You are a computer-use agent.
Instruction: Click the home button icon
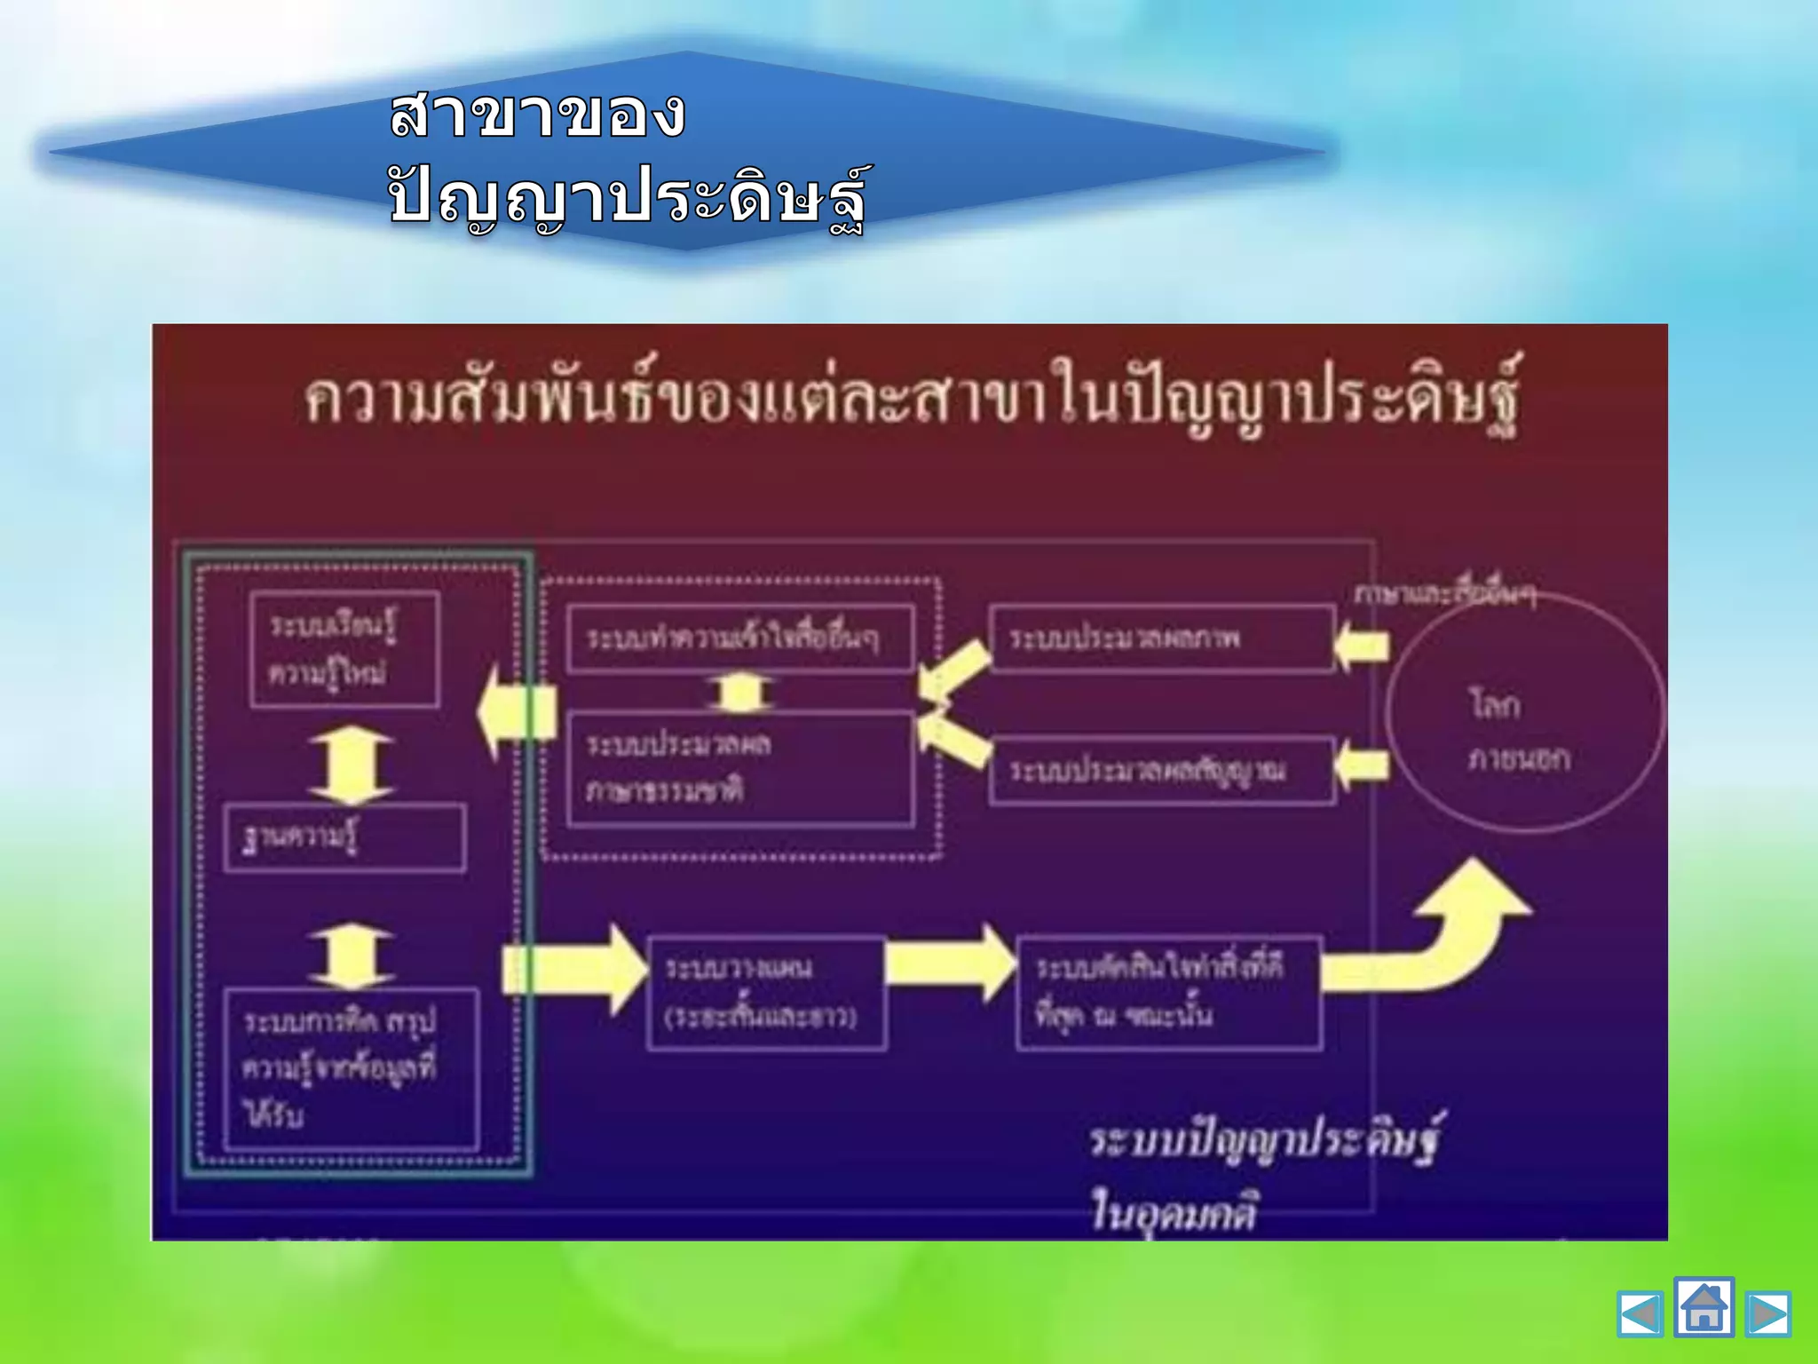[x=1703, y=1306]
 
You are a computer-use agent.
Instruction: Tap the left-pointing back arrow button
[x=1640, y=1314]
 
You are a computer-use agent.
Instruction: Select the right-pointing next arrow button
[x=1767, y=1314]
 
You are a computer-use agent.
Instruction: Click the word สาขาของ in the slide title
[x=538, y=115]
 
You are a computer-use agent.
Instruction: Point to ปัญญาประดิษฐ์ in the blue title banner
[x=627, y=197]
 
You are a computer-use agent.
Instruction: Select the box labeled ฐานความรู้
[x=344, y=837]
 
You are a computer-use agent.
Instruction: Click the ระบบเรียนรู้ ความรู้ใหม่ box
[x=344, y=649]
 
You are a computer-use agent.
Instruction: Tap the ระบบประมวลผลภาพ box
[x=1161, y=638]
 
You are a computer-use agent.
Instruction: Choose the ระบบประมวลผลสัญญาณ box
[x=1161, y=769]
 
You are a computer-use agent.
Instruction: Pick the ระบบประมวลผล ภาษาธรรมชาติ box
[x=739, y=768]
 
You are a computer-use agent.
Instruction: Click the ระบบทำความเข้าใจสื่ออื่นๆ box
[x=739, y=638]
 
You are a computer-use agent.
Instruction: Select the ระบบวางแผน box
[x=765, y=992]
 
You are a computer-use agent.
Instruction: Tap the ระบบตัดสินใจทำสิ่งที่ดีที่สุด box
[x=1168, y=992]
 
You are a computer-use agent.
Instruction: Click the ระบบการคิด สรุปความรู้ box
[x=352, y=1069]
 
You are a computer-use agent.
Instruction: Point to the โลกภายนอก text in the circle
[x=1519, y=731]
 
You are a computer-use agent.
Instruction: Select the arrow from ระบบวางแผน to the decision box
[x=950, y=964]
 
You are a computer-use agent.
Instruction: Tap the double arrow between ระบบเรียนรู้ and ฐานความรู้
[x=352, y=765]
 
